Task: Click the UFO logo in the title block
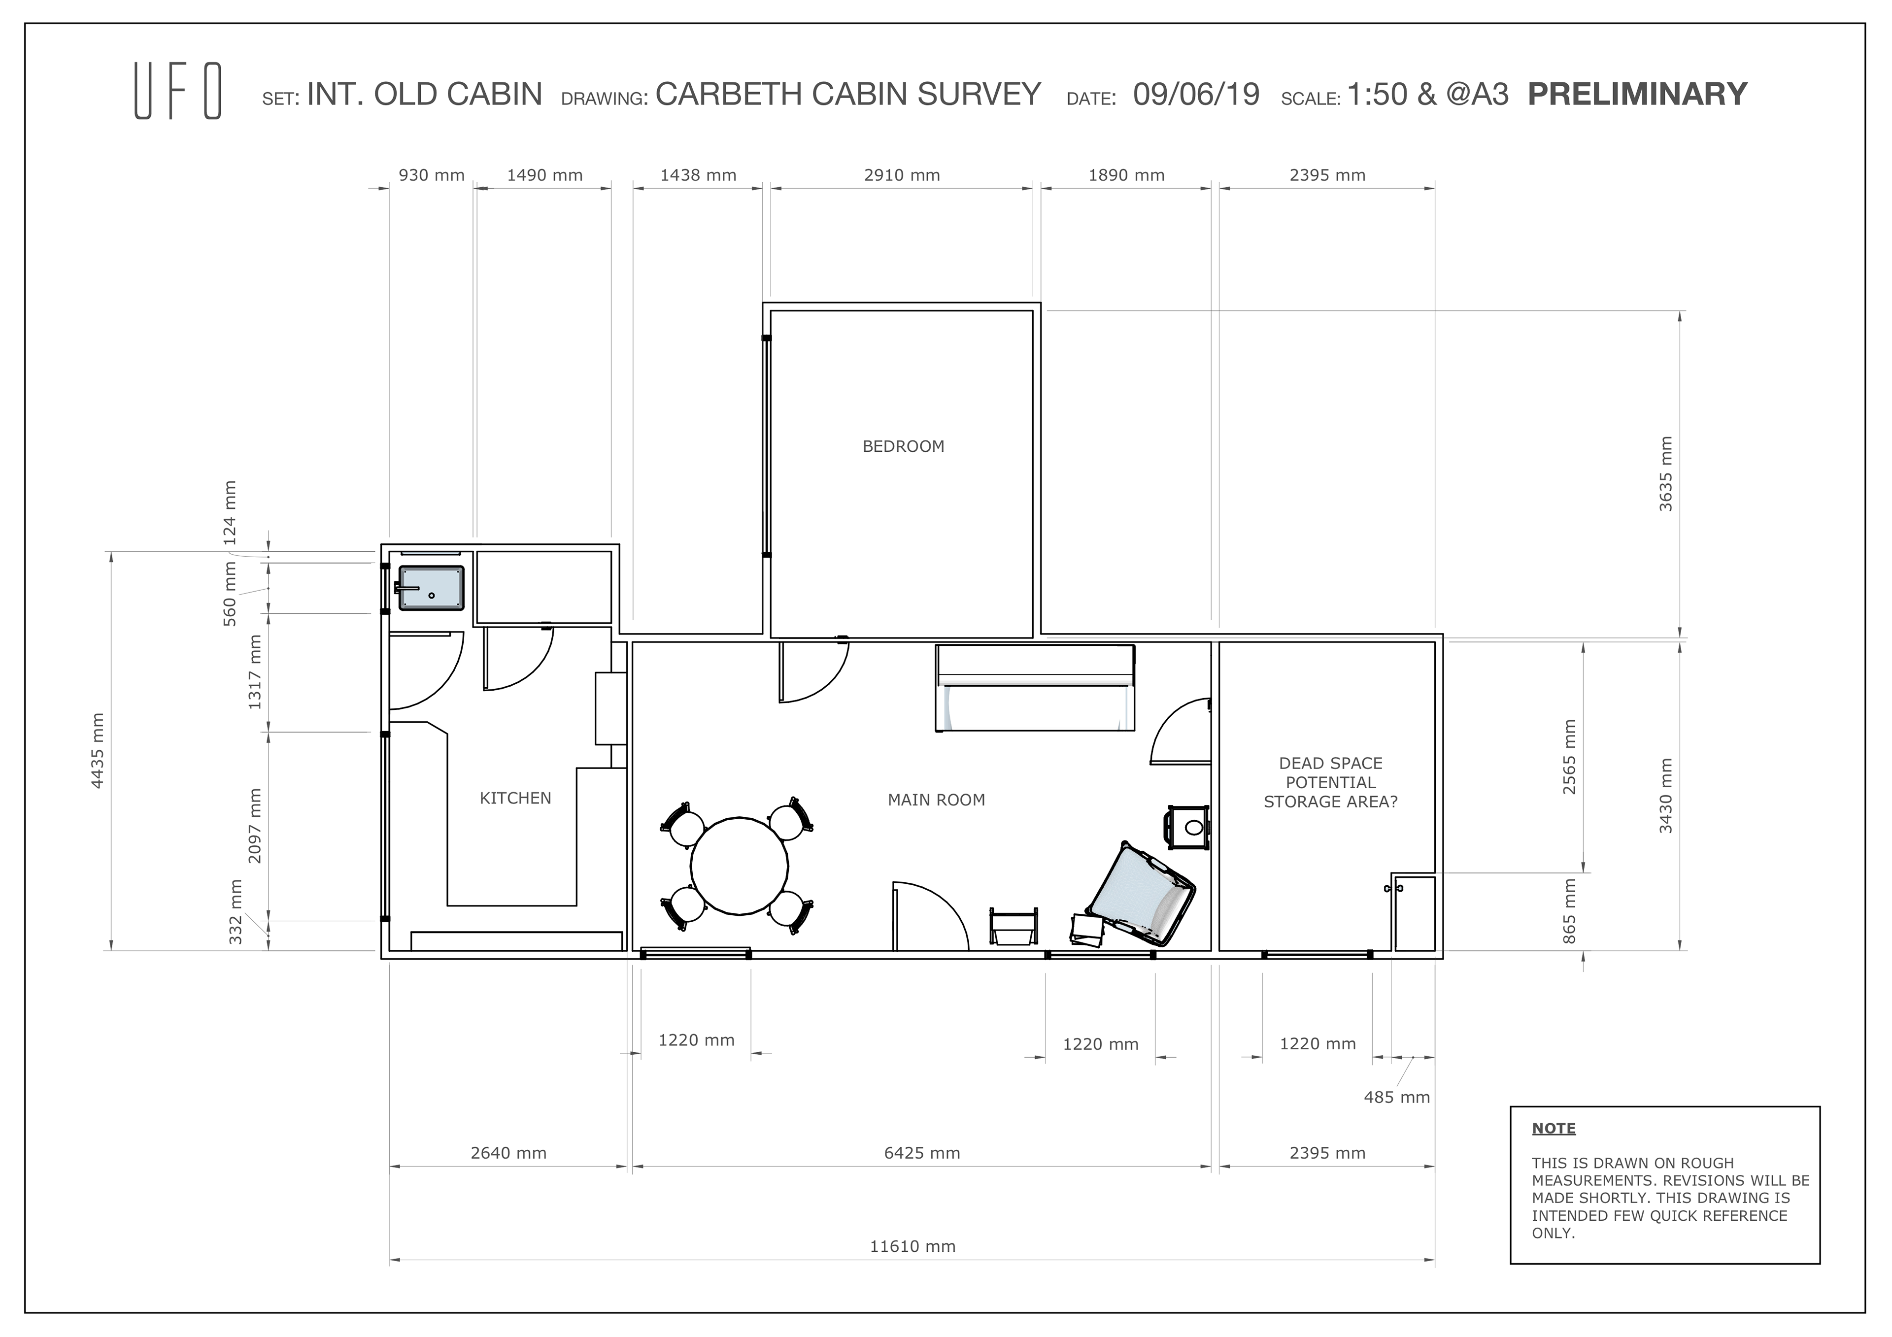178,93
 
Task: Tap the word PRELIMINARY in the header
1637,94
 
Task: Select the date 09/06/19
1196,94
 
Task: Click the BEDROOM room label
903,446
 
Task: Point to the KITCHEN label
516,798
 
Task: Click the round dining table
739,866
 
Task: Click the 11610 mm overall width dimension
912,1246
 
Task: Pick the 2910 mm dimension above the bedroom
902,175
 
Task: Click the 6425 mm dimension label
922,1153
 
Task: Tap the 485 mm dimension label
1397,1097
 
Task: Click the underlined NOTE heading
1554,1129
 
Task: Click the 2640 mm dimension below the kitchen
508,1153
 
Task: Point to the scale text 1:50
1378,94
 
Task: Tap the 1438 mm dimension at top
698,175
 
